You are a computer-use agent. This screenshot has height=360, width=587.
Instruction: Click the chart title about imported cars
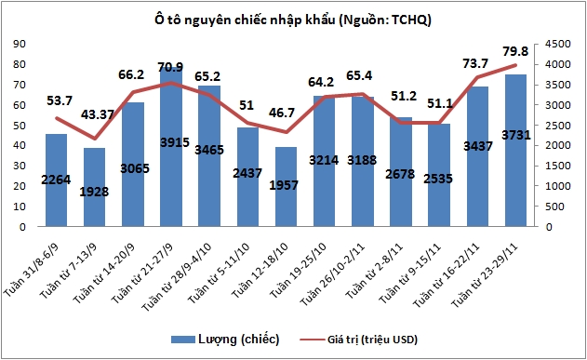pyautogui.click(x=293, y=20)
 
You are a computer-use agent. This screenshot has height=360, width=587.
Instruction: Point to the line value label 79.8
pyautogui.click(x=516, y=51)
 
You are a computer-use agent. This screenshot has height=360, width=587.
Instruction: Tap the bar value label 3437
pyautogui.click(x=477, y=147)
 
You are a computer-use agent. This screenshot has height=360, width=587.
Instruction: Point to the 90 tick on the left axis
pyautogui.click(x=18, y=43)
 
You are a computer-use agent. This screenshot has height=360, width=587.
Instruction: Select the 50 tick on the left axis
pyautogui.click(x=18, y=125)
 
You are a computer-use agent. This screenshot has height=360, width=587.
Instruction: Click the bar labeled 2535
pyautogui.click(x=439, y=177)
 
